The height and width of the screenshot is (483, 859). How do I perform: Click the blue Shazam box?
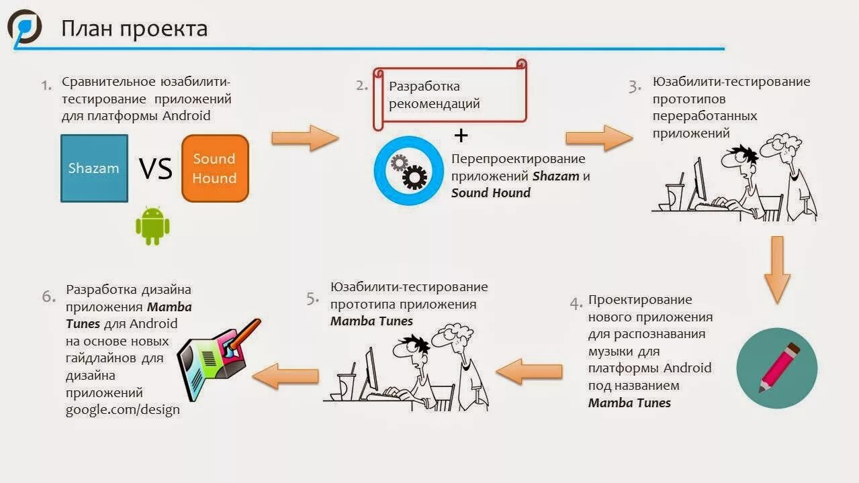pos(94,168)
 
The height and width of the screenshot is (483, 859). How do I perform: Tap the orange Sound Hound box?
pos(215,168)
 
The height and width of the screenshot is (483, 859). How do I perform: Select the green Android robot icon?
pos(152,225)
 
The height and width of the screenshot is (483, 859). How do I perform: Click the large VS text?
pos(156,169)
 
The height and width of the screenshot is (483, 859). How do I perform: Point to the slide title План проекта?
pos(134,29)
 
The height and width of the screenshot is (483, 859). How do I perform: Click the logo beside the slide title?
pos(25,28)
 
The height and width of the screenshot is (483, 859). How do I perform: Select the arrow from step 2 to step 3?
pos(598,138)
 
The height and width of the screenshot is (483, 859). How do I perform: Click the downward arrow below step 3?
pos(777,269)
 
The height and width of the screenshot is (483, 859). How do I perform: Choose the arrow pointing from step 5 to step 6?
pos(285,376)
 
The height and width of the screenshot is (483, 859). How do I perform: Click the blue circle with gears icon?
pos(408,170)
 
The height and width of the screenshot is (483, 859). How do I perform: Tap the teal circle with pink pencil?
pos(776,368)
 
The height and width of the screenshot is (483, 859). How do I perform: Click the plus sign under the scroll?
pos(461,136)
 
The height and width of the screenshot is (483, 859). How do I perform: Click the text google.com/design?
pos(122,410)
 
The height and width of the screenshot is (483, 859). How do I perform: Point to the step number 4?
pos(576,304)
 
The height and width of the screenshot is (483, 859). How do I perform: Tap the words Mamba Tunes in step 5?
pos(371,321)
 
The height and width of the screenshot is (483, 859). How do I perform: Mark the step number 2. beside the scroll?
pos(363,85)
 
